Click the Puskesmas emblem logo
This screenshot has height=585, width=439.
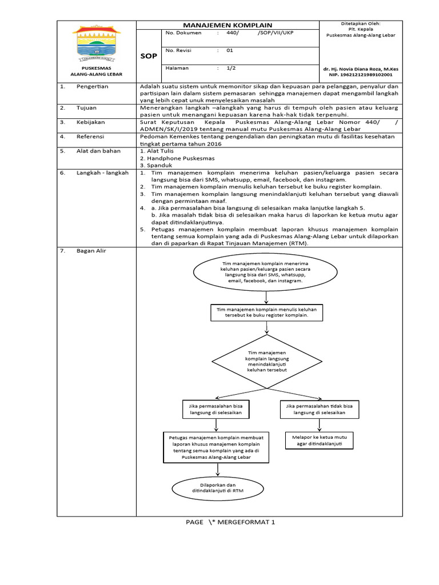click(x=96, y=45)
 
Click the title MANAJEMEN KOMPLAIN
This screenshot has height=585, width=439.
click(x=228, y=25)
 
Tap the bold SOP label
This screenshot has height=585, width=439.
click(x=148, y=56)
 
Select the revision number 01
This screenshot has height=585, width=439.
click(x=230, y=50)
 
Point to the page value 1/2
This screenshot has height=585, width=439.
click(x=231, y=68)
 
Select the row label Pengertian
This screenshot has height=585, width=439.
click(x=93, y=86)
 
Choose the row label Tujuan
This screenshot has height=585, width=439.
click(x=86, y=107)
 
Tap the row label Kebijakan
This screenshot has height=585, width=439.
click(x=90, y=122)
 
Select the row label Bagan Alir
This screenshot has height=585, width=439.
click(x=91, y=251)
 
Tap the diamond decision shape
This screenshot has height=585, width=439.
click(x=267, y=362)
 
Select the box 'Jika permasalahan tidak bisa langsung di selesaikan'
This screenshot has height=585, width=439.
click(x=320, y=408)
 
